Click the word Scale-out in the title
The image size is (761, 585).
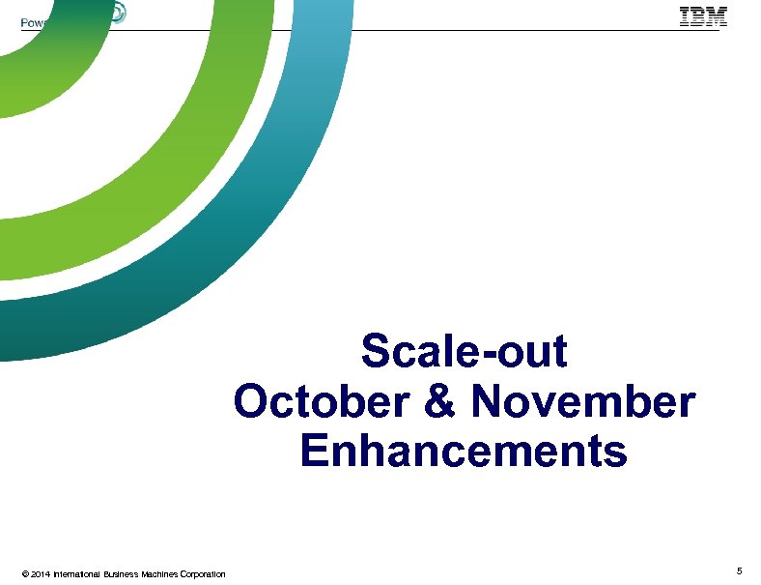464,352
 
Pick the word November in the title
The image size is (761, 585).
582,402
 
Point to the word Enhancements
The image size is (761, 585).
464,452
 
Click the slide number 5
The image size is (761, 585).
739,572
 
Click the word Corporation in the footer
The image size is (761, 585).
205,574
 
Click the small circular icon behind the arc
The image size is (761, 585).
116,13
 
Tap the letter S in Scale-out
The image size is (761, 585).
375,352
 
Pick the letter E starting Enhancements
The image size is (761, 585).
313,452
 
